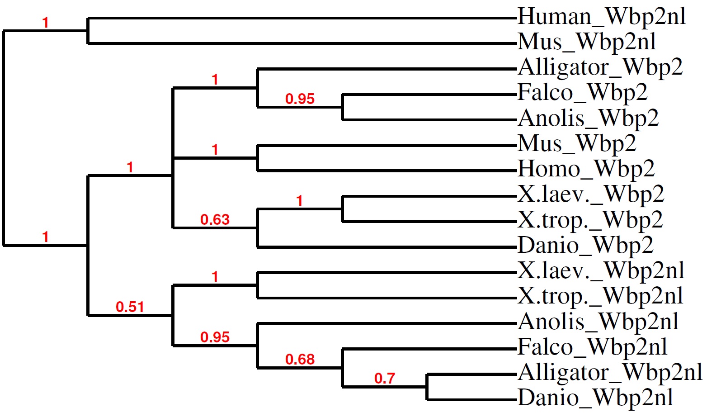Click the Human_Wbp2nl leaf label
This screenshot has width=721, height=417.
(x=601, y=17)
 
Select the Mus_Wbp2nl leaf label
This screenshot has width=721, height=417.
(x=587, y=43)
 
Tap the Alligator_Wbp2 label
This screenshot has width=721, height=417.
(x=600, y=68)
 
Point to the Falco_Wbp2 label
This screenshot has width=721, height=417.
(x=582, y=93)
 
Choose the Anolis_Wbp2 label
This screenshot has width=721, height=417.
(x=588, y=118)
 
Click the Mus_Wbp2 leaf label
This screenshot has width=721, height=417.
(x=577, y=144)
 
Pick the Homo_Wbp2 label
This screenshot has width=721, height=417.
(x=586, y=170)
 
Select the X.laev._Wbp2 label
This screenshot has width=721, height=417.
(x=591, y=195)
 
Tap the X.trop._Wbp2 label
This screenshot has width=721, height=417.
(x=590, y=220)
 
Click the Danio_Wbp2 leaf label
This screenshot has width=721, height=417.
(x=585, y=246)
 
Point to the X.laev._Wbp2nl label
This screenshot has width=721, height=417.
(x=601, y=271)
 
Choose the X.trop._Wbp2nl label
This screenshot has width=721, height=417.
(x=600, y=297)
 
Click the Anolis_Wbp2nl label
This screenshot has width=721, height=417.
(x=598, y=322)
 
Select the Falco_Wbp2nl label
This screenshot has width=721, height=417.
(x=592, y=347)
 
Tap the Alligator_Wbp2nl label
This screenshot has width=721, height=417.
(x=610, y=373)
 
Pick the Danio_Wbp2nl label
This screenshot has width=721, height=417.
(x=595, y=398)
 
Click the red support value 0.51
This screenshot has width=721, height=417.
(x=130, y=307)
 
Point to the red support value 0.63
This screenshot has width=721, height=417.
(x=215, y=220)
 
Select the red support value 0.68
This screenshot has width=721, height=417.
(x=300, y=360)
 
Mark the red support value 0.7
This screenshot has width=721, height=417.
(x=384, y=378)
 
